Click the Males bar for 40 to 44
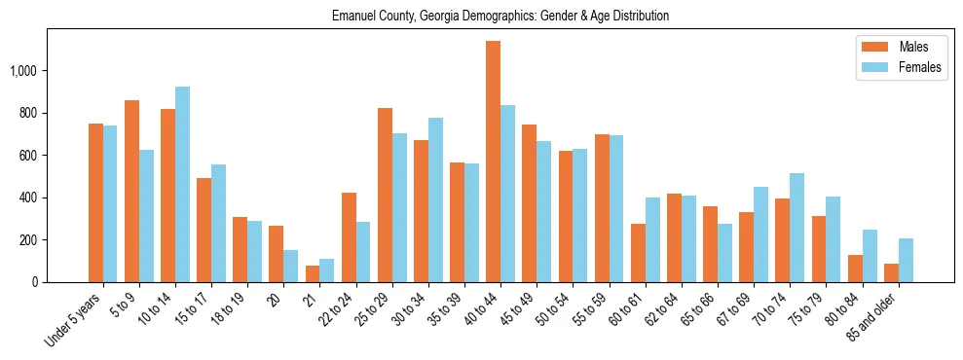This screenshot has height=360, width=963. click(493, 162)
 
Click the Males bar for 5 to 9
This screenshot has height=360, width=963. click(131, 191)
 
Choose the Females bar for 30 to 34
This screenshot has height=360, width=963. click(435, 199)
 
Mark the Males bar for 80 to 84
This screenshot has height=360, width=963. click(855, 269)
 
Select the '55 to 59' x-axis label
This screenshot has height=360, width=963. click(590, 308)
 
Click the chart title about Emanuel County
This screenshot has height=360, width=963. click(500, 17)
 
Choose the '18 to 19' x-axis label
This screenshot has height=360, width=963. click(228, 308)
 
